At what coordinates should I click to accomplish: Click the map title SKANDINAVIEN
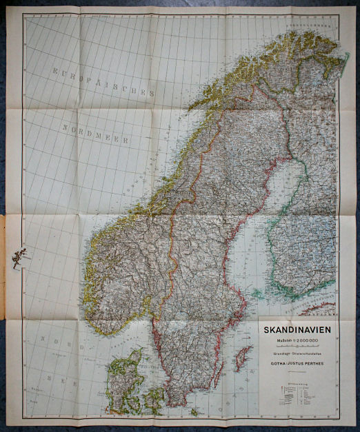[297, 330]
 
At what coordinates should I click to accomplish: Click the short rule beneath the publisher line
[297, 367]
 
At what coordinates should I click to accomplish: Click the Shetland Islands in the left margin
[19, 256]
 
